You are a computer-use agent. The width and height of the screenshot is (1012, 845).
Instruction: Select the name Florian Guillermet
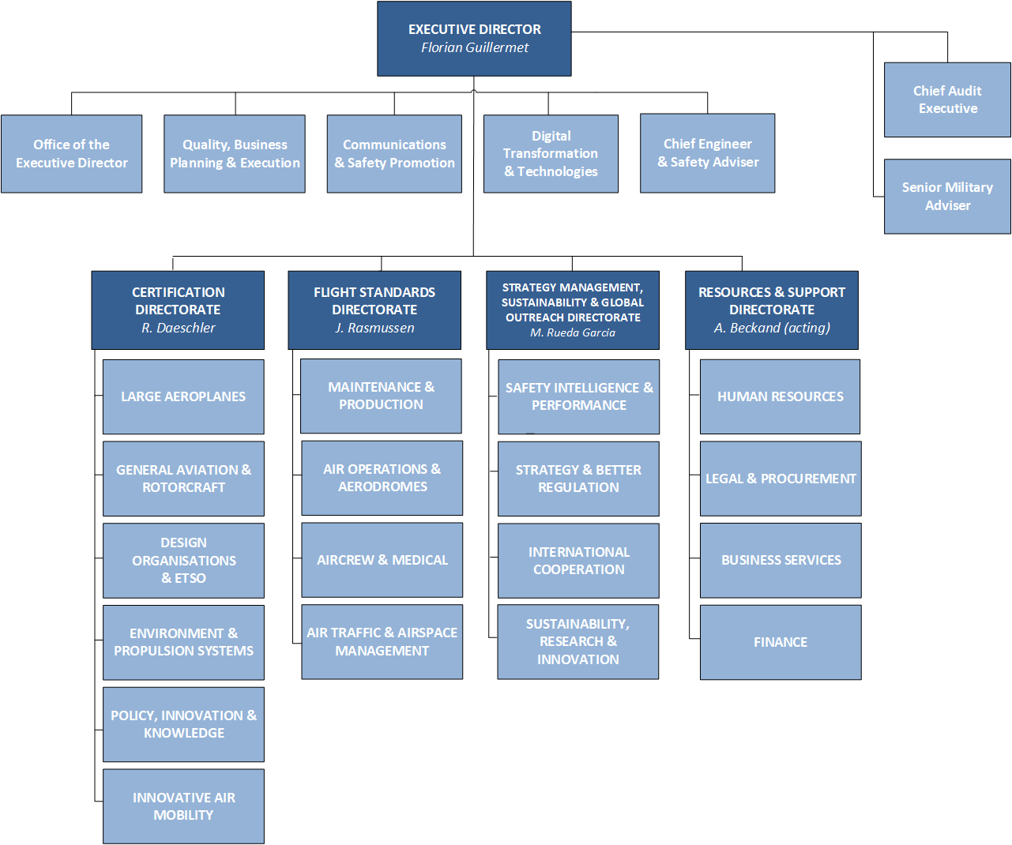pos(475,48)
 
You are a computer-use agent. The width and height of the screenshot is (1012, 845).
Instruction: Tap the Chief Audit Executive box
pos(947,100)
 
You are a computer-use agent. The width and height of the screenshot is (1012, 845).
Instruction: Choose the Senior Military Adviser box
pos(947,196)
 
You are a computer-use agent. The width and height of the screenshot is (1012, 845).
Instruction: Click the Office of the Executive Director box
pos(72,154)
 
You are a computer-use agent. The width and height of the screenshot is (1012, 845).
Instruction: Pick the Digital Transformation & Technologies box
pos(551,154)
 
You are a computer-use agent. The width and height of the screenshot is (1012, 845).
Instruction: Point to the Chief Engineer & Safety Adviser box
pos(708,153)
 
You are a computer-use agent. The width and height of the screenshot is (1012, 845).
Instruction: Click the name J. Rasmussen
pos(374,328)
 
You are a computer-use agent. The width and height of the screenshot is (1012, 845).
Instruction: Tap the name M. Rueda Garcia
pos(573,333)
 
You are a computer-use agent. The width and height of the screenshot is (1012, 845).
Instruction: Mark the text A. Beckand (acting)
pos(772,328)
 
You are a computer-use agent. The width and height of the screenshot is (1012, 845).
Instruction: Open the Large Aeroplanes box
pos(183,396)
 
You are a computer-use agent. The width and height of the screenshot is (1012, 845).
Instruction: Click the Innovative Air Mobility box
pos(183,806)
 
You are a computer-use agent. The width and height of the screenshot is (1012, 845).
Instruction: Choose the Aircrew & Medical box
pos(382,560)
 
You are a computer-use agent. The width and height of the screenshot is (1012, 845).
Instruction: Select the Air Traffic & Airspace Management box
pos(382,641)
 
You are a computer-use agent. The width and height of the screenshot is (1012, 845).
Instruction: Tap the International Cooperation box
pos(578,561)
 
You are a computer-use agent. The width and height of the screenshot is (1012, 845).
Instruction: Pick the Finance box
pos(781,642)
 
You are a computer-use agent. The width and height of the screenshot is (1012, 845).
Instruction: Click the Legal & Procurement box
pos(781,479)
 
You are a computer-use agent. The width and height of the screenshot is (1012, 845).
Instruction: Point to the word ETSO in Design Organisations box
pos(190,578)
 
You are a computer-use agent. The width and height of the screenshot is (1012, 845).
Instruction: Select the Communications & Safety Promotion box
pos(394,154)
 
